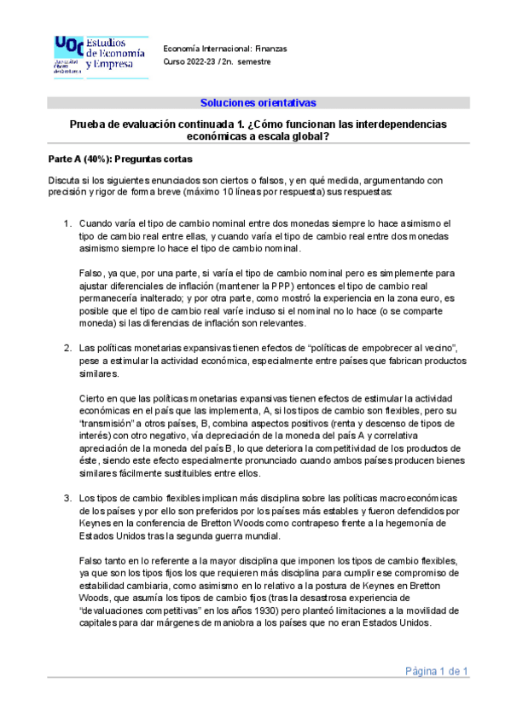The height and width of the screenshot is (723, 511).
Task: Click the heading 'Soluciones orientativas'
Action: click(x=258, y=103)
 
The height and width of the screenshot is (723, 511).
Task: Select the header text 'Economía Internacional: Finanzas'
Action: click(x=224, y=48)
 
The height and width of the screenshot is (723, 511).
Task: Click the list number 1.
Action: click(x=66, y=223)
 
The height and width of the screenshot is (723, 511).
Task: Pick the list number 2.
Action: click(x=66, y=349)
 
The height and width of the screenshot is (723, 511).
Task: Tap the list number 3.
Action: click(x=66, y=498)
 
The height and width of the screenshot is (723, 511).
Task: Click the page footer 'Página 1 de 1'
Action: click(x=438, y=672)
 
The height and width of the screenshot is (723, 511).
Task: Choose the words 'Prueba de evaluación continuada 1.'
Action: click(x=153, y=124)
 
